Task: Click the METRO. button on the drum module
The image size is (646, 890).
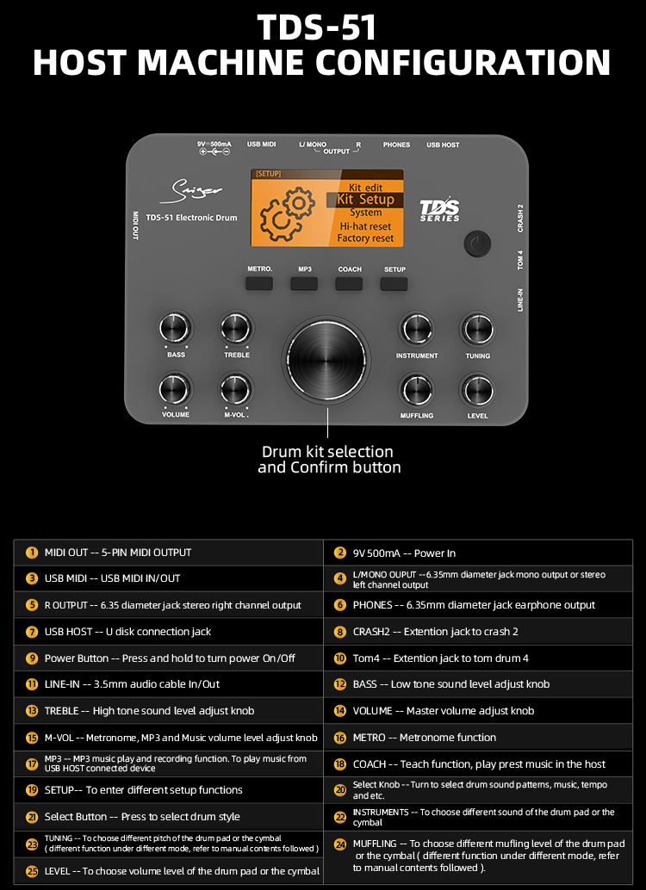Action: click(x=259, y=283)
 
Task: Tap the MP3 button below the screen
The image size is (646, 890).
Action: click(x=304, y=283)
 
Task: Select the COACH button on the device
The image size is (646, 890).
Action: click(x=349, y=283)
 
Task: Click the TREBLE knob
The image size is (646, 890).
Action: click(x=236, y=328)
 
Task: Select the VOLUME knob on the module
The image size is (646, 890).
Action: click(x=176, y=389)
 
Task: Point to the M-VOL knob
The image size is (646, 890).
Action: click(x=236, y=389)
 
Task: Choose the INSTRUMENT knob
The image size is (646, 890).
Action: click(x=417, y=329)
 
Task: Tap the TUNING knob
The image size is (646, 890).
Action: click(x=477, y=329)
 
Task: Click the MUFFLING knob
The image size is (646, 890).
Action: click(x=417, y=390)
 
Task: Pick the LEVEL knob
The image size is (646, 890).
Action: click(x=477, y=390)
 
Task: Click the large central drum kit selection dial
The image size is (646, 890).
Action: click(x=326, y=361)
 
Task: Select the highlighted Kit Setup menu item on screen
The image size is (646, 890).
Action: click(x=364, y=200)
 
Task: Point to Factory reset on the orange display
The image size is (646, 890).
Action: click(x=365, y=238)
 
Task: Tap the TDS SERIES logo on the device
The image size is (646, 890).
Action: click(x=440, y=210)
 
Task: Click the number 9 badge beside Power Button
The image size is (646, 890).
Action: click(x=33, y=658)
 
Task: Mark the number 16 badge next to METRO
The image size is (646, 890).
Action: click(x=339, y=738)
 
